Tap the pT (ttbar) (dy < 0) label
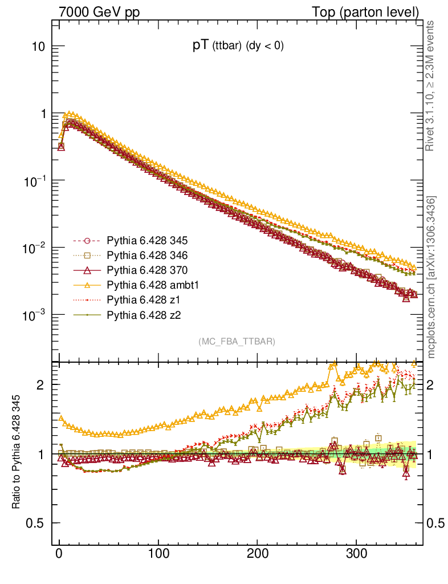pos(238,47)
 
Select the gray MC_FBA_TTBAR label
pos(237,342)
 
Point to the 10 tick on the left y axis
pos(39,47)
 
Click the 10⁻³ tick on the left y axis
pos(36,315)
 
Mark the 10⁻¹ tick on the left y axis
pos(36,181)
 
